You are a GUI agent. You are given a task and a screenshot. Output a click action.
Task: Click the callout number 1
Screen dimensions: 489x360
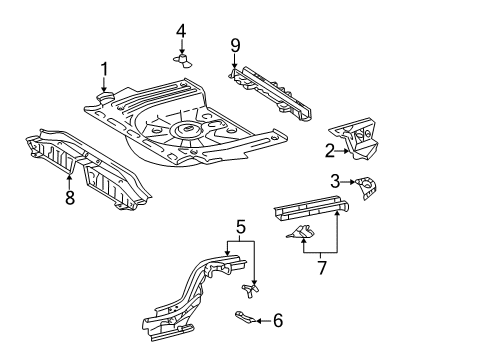[x=104, y=69]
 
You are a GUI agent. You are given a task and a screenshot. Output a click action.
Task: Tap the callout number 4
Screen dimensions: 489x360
[x=181, y=31]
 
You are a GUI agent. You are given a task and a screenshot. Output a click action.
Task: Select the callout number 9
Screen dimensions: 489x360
[x=235, y=45]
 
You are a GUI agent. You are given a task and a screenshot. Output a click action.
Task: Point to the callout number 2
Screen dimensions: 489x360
[x=329, y=151]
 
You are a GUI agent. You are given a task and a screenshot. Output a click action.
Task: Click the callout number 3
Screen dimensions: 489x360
[x=335, y=181]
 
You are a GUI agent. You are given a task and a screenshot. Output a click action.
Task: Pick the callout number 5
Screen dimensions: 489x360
[x=241, y=227]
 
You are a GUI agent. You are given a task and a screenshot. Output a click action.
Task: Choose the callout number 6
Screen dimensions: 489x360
[x=278, y=320]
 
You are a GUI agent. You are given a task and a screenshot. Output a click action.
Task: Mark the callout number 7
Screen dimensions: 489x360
[x=322, y=268]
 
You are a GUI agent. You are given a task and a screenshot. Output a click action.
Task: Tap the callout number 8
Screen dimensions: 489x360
[x=70, y=197]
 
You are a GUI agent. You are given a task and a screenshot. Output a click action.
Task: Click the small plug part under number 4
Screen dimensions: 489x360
[x=183, y=60]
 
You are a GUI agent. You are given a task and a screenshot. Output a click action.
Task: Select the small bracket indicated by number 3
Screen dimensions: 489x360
[x=366, y=188]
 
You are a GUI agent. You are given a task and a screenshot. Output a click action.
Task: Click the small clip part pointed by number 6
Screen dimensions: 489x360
[x=245, y=317]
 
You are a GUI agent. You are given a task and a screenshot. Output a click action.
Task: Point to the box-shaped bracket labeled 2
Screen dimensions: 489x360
[x=356, y=138]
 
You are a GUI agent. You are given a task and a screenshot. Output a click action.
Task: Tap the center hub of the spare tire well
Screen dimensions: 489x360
[x=186, y=128]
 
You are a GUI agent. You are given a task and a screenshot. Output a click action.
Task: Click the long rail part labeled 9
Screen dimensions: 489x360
[x=271, y=93]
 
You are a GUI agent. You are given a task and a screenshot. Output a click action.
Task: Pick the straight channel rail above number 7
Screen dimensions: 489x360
[x=311, y=207]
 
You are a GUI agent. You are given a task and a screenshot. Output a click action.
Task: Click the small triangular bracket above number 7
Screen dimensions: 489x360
[x=300, y=232]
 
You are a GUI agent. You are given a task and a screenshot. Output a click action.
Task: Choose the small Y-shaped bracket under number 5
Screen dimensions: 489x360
[x=250, y=290]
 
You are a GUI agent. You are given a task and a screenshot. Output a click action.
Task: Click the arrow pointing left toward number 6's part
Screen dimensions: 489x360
[x=263, y=321]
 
